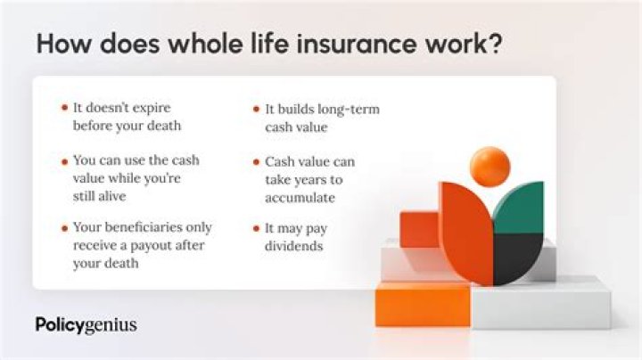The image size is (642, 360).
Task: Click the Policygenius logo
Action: point(86,324)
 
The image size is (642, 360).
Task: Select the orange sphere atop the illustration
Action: point(490,167)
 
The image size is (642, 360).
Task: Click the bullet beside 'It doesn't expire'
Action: point(64,109)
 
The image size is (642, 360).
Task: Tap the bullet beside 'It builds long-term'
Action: point(256,109)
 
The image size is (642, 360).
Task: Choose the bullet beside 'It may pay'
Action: point(256,228)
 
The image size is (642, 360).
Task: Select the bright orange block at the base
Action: point(422,306)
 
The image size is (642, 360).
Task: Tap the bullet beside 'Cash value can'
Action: point(256,162)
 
